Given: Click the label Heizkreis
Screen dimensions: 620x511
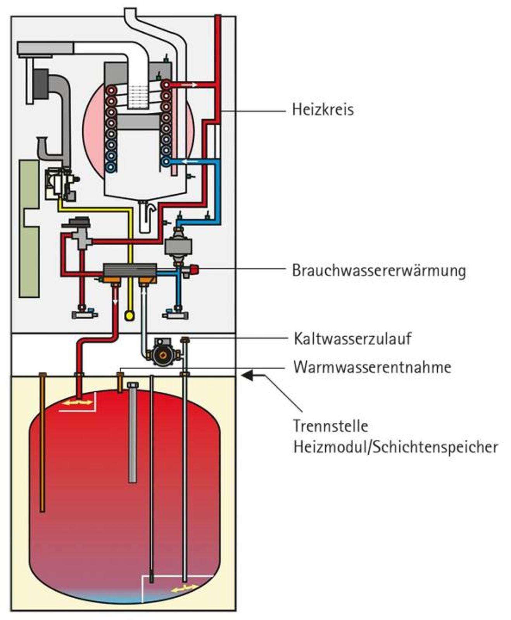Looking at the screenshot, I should pyautogui.click(x=323, y=110).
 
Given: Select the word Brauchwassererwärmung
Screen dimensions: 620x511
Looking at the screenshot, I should pyautogui.click(x=378, y=270).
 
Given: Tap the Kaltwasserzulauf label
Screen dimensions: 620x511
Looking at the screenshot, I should pyautogui.click(x=352, y=339).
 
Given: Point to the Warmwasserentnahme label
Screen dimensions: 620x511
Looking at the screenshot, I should pyautogui.click(x=372, y=367).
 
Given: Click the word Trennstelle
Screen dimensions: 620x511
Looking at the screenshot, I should pyautogui.click(x=330, y=426).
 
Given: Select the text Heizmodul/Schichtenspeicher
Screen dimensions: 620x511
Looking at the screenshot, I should pyautogui.click(x=395, y=447).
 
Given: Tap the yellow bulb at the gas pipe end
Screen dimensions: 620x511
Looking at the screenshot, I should pyautogui.click(x=129, y=316).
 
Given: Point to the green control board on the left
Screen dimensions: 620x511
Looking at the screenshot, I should pyautogui.click(x=29, y=229).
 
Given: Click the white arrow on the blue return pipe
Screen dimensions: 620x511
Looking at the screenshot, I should pyautogui.click(x=190, y=161).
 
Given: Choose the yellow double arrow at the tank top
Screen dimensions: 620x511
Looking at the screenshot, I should pyautogui.click(x=78, y=403).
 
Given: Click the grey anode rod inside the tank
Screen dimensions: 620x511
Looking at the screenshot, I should pyautogui.click(x=133, y=434).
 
